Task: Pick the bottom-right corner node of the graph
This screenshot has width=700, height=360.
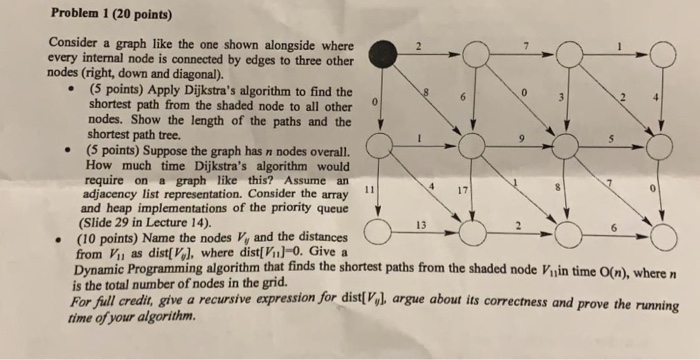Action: click(663, 236)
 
